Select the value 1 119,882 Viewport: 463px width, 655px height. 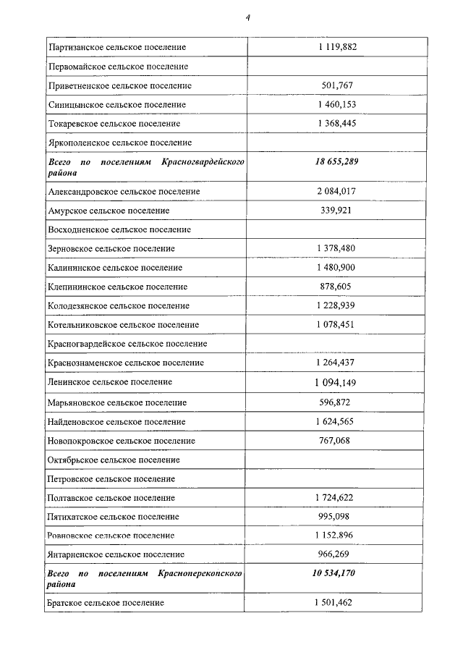pos(337,47)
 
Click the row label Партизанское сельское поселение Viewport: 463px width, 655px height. pos(116,47)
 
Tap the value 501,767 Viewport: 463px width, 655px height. pos(337,85)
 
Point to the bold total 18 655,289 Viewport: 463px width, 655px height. pos(337,161)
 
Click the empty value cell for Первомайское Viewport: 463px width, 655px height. pos(337,66)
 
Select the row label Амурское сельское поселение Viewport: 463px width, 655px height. pos(109,211)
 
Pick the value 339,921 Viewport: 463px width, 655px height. pos(337,211)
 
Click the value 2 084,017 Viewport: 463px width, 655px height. pos(337,191)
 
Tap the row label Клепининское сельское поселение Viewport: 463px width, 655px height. pos(117,287)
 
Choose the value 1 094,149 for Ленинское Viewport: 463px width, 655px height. pos(337,382)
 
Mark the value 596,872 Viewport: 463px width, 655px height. pos(337,402)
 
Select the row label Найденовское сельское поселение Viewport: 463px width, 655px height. pos(117,421)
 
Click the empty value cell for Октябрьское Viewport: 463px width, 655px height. pos(337,460)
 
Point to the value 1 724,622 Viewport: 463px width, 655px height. pos(337,498)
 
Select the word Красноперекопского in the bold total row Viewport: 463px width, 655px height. pos(200,573)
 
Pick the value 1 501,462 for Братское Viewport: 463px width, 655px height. pos(337,602)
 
